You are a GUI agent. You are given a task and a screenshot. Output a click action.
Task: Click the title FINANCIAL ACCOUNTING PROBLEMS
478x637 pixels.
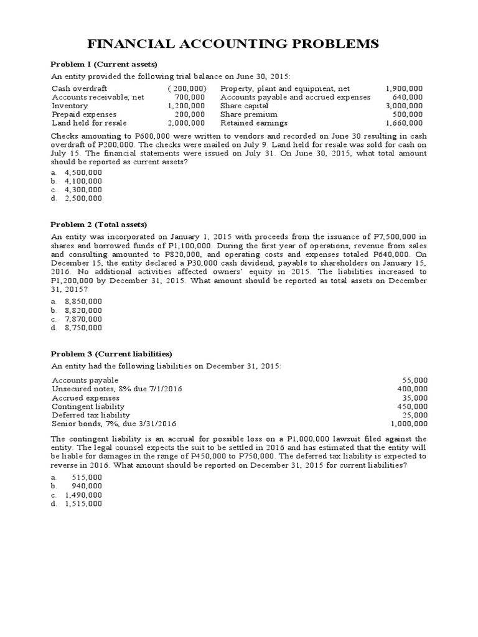click(238, 44)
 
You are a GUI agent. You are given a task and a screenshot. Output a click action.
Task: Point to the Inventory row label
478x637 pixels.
click(70, 106)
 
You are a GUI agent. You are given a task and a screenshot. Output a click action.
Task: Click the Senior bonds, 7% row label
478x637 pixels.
click(114, 424)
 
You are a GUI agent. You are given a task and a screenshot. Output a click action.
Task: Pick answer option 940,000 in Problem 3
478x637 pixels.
click(88, 486)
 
